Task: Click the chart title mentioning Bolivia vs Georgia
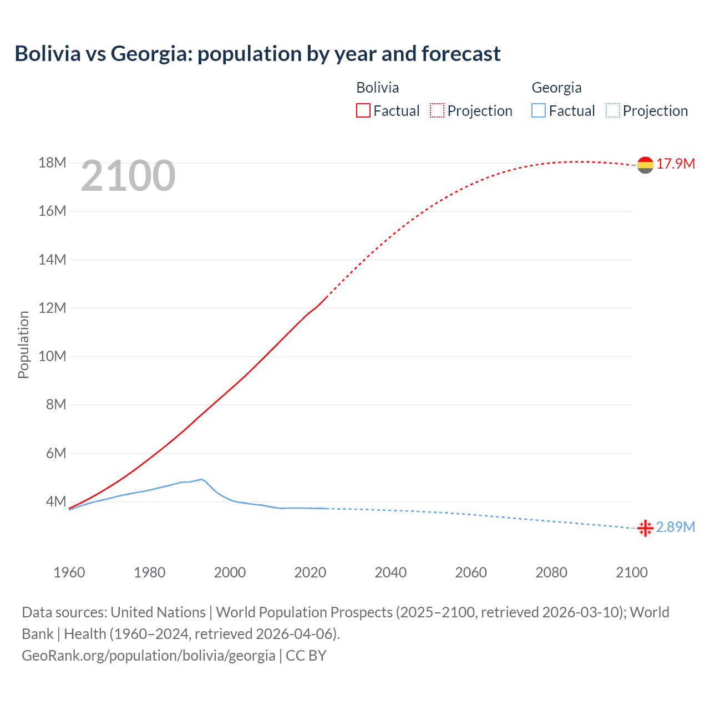257,54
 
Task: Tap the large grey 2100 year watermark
128,176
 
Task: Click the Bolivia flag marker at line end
645,165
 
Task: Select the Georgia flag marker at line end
645,528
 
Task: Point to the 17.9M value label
676,164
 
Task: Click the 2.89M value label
676,527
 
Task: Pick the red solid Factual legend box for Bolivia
363,110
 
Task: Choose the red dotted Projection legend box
437,110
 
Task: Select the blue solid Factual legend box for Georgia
539,110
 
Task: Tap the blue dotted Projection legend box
612,110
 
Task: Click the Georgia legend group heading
556,88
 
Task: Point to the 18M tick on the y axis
52,163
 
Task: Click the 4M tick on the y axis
56,501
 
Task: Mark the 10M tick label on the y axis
52,356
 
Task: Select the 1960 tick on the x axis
69,572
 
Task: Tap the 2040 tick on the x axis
390,572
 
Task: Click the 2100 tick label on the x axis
632,572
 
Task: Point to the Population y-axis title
23,344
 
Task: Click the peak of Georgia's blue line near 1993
201,479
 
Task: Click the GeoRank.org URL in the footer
149,656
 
